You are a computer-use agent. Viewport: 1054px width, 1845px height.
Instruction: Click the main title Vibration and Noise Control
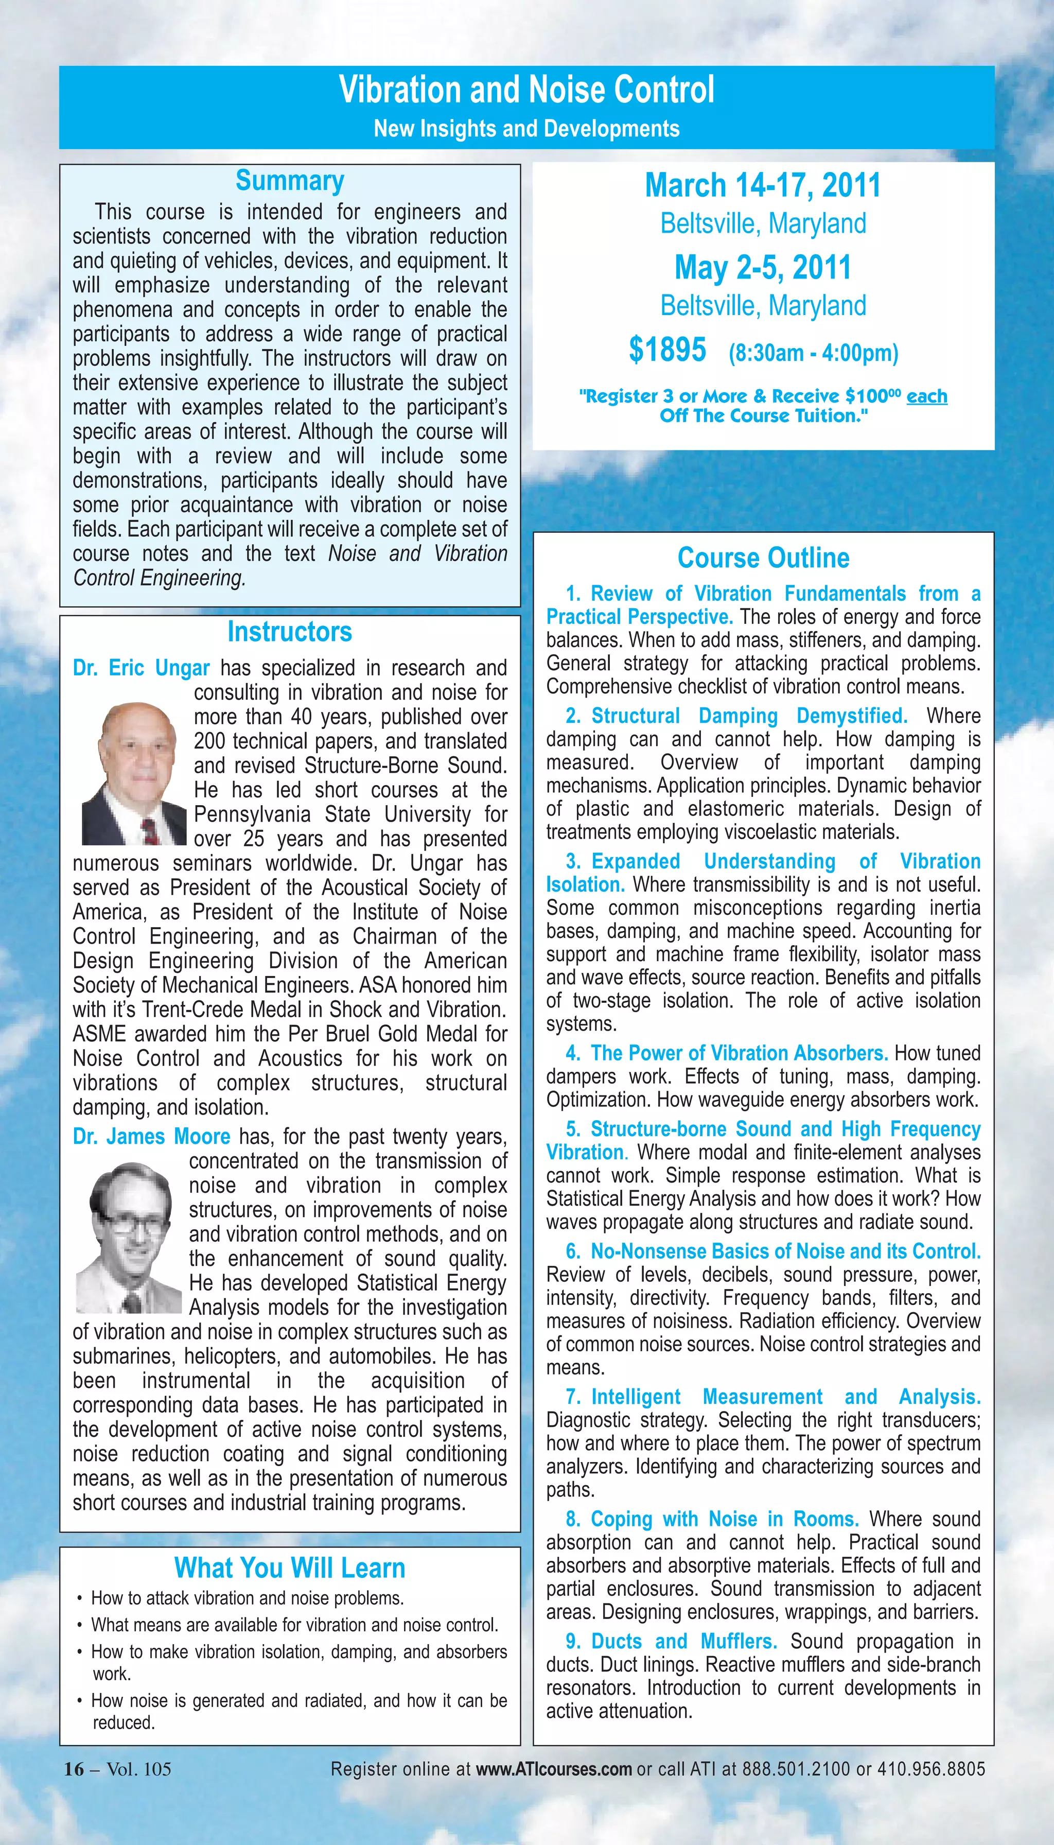[x=526, y=90]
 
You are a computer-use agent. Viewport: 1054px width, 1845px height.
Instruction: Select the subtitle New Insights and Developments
[x=526, y=129]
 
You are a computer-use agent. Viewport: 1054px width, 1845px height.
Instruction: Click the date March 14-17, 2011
[x=763, y=185]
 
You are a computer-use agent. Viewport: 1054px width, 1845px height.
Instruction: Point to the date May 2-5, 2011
[x=763, y=267]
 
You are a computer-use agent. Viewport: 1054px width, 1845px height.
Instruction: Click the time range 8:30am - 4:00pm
[x=813, y=353]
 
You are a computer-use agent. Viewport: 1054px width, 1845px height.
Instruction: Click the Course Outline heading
[x=763, y=558]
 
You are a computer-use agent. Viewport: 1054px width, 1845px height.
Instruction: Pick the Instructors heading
[x=290, y=632]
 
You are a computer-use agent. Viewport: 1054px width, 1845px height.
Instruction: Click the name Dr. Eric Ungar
[x=141, y=668]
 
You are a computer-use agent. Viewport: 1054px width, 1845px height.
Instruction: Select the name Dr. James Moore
[x=151, y=1136]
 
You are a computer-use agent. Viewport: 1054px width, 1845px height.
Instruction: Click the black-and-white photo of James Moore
[x=129, y=1238]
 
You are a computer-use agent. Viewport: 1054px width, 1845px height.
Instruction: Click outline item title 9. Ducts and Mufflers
[x=672, y=1642]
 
